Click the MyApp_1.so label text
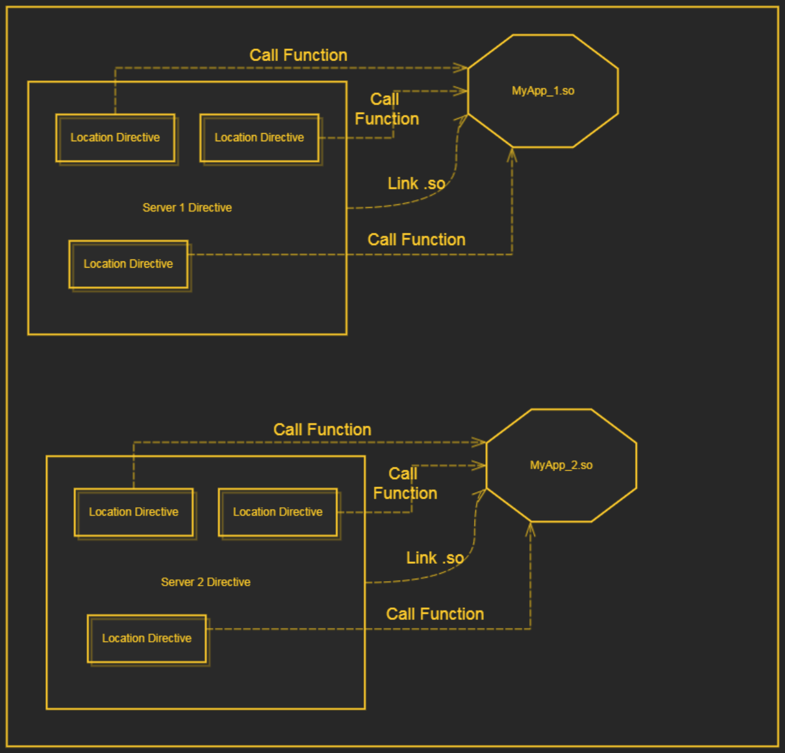[542, 91]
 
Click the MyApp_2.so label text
[560, 465]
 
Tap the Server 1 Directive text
[187, 208]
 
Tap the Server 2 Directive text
[205, 582]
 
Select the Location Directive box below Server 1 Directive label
[128, 264]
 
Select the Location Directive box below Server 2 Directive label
[147, 639]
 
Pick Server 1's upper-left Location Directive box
[115, 138]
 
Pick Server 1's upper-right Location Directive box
[259, 138]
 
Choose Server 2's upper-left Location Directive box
[134, 513]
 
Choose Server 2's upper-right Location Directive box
[277, 513]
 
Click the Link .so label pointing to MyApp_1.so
[416, 184]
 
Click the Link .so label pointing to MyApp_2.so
[435, 558]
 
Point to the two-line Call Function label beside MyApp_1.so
[386, 110]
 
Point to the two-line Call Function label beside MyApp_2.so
[405, 484]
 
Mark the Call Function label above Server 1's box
[298, 55]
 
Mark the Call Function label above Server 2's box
[322, 430]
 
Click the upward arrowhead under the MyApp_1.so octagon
[512, 154]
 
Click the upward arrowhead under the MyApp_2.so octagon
[530, 529]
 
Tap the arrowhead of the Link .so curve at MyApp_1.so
[462, 121]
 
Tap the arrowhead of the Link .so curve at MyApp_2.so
[480, 495]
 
